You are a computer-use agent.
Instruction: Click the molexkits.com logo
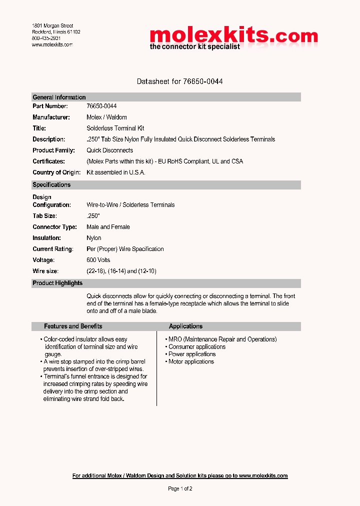click(233, 38)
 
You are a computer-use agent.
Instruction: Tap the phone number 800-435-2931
click(46, 38)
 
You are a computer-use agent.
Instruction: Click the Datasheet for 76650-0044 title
click(179, 81)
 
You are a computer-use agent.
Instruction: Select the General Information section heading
click(59, 97)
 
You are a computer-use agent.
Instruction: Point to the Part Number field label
click(50, 106)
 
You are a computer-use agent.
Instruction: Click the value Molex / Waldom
click(106, 117)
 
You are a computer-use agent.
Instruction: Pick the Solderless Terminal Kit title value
click(115, 128)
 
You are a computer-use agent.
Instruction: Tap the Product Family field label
click(53, 150)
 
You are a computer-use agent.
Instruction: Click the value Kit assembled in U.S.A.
click(115, 172)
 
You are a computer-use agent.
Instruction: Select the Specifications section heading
click(51, 184)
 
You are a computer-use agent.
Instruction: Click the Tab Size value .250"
click(93, 215)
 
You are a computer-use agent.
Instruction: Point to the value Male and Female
click(108, 226)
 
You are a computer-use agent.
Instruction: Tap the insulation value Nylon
click(94, 238)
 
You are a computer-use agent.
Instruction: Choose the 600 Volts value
click(98, 260)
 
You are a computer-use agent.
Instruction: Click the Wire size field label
click(45, 271)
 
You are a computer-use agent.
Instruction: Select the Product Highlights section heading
click(57, 283)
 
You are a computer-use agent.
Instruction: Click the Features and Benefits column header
click(73, 326)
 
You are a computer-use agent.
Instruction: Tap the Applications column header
click(185, 326)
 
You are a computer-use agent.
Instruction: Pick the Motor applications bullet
click(191, 361)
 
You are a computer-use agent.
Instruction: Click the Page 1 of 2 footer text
click(180, 488)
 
